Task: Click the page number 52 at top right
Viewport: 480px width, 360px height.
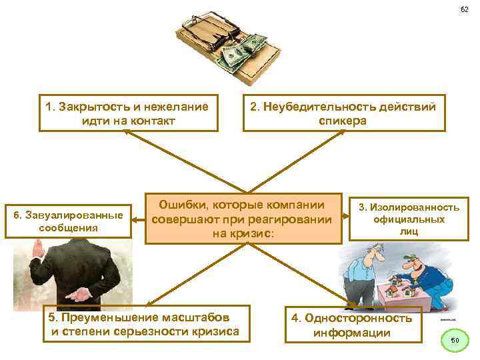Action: tap(464, 9)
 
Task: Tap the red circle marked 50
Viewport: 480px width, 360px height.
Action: tap(455, 341)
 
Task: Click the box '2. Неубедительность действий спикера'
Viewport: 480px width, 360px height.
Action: tap(343, 113)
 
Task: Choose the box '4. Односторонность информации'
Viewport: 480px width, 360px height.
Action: tap(353, 325)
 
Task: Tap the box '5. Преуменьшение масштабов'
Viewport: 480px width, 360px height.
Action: tap(142, 323)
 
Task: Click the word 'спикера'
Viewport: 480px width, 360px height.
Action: tap(343, 121)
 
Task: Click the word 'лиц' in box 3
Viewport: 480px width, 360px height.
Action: tap(409, 231)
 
